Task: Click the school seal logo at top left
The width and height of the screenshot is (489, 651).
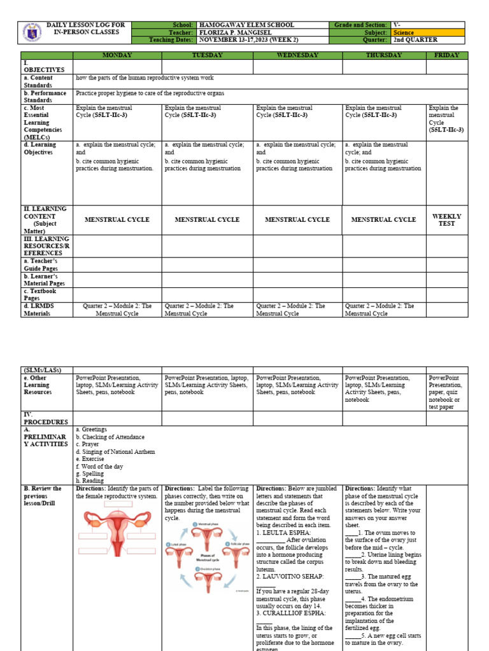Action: tap(32, 32)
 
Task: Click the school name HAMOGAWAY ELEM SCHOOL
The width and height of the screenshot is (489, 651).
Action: tap(246, 25)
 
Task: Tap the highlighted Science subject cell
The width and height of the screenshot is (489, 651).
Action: tap(404, 32)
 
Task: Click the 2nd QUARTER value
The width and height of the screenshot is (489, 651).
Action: tap(416, 39)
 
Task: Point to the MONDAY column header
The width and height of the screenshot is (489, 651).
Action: tap(117, 55)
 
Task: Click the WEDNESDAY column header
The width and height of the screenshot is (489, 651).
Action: tap(297, 55)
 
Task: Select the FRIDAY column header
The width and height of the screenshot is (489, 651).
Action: tap(446, 55)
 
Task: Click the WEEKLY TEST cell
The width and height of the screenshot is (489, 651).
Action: tap(446, 219)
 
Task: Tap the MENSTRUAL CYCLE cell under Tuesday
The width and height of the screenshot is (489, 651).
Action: tap(207, 219)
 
